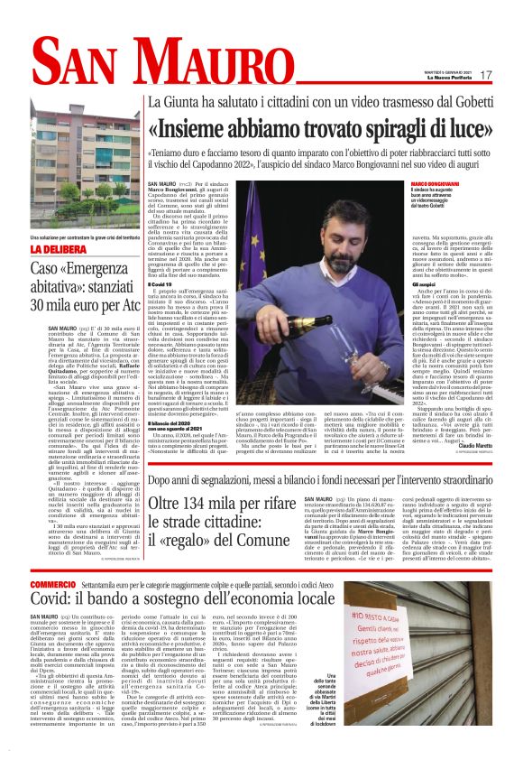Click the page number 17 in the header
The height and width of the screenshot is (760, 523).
pos(510,75)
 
